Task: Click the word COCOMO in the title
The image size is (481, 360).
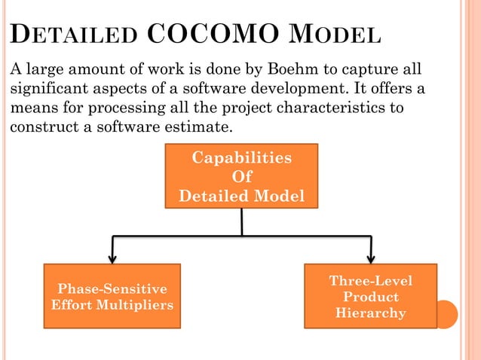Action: click(x=204, y=35)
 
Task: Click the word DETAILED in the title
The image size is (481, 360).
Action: click(x=72, y=37)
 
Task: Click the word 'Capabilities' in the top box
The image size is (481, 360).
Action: click(x=241, y=158)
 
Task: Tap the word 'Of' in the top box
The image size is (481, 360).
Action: click(x=241, y=178)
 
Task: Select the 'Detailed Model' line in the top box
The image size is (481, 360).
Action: click(x=241, y=197)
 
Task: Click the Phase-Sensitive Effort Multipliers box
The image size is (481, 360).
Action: click(x=112, y=296)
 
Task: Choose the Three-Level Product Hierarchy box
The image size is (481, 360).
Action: click(x=370, y=296)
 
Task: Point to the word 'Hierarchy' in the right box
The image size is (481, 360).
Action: click(x=370, y=313)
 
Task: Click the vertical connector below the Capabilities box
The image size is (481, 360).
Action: click(x=241, y=221)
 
